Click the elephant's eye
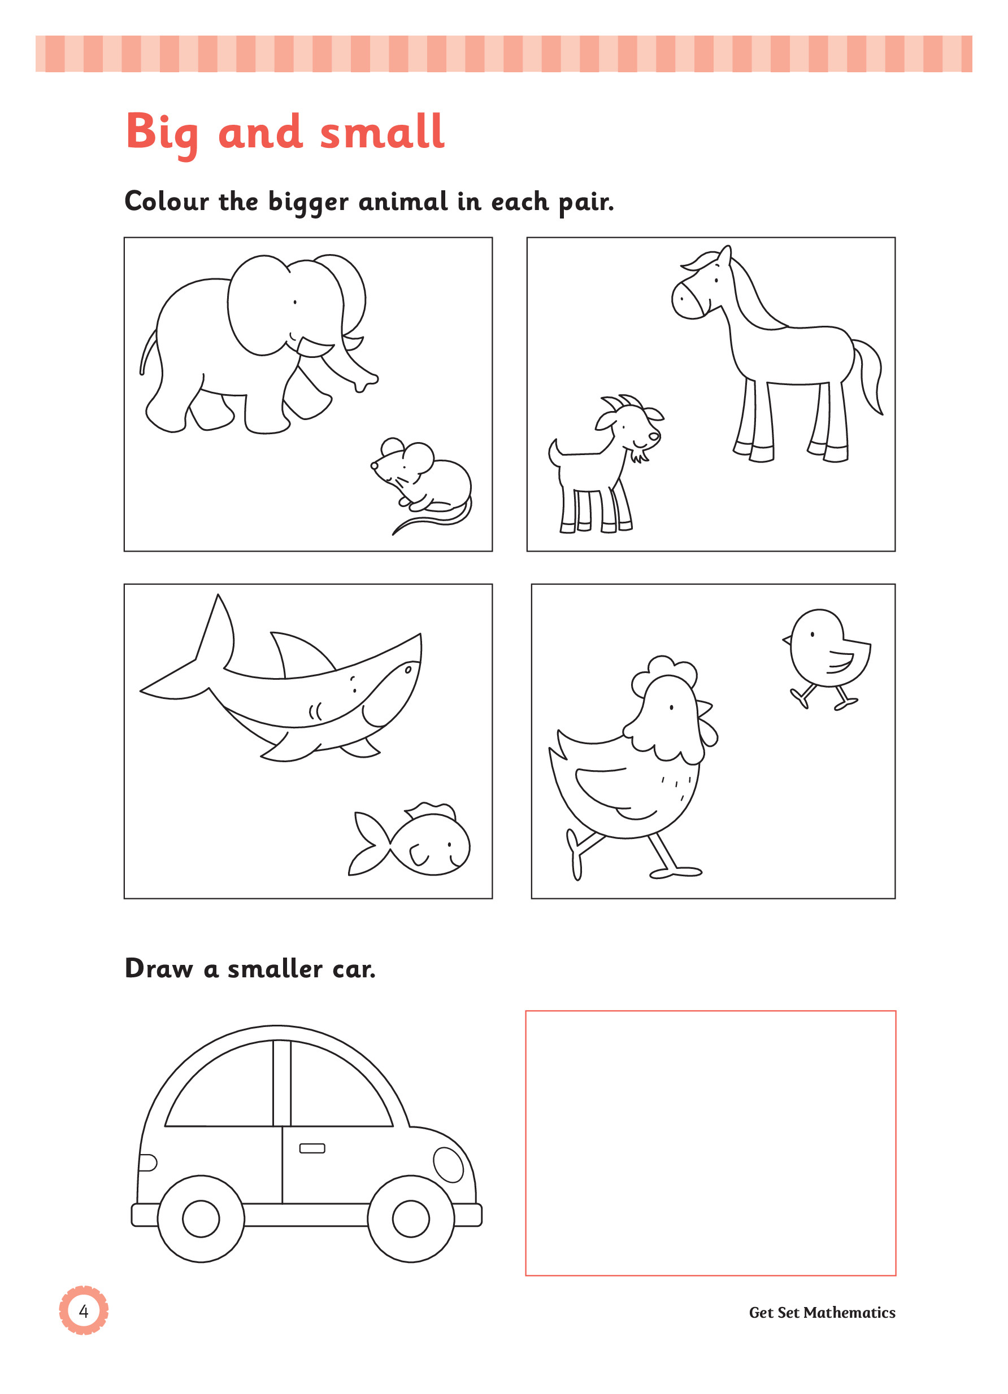click(295, 302)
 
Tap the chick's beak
click(787, 640)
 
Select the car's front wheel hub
click(411, 1219)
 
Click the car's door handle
click(312, 1149)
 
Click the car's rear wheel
click(201, 1219)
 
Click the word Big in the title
click(162, 133)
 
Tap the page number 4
click(84, 1312)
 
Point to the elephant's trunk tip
click(367, 383)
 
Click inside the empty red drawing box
click(710, 1143)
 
